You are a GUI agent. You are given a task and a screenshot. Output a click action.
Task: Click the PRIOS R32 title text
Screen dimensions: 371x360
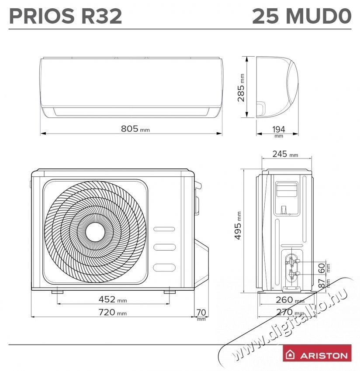pyautogui.click(x=66, y=16)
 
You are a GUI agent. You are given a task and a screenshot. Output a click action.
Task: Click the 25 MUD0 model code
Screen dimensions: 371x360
pyautogui.click(x=301, y=16)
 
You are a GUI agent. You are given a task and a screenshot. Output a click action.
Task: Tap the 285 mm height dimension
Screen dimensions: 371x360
pyautogui.click(x=241, y=87)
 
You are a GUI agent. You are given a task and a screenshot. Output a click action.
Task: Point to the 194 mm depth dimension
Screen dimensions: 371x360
pyautogui.click(x=278, y=129)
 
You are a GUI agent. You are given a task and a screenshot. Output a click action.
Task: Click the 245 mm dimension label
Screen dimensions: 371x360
pyautogui.click(x=284, y=154)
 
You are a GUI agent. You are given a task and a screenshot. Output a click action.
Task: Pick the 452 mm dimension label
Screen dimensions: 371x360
pyautogui.click(x=112, y=299)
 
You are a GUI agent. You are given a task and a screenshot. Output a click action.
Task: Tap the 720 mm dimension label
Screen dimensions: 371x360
pyautogui.click(x=112, y=312)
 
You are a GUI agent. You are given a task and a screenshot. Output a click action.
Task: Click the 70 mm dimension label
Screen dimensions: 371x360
pyautogui.click(x=201, y=312)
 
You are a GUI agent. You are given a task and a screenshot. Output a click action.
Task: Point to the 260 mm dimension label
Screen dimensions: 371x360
pyautogui.click(x=290, y=300)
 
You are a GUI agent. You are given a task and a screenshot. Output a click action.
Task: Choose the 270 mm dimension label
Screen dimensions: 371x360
pyautogui.click(x=290, y=312)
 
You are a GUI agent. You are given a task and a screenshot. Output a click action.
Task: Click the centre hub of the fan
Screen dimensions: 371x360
pyautogui.click(x=96, y=230)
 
